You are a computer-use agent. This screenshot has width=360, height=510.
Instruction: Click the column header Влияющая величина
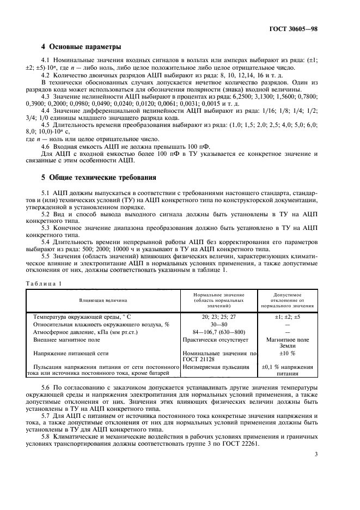pos(103,300)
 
